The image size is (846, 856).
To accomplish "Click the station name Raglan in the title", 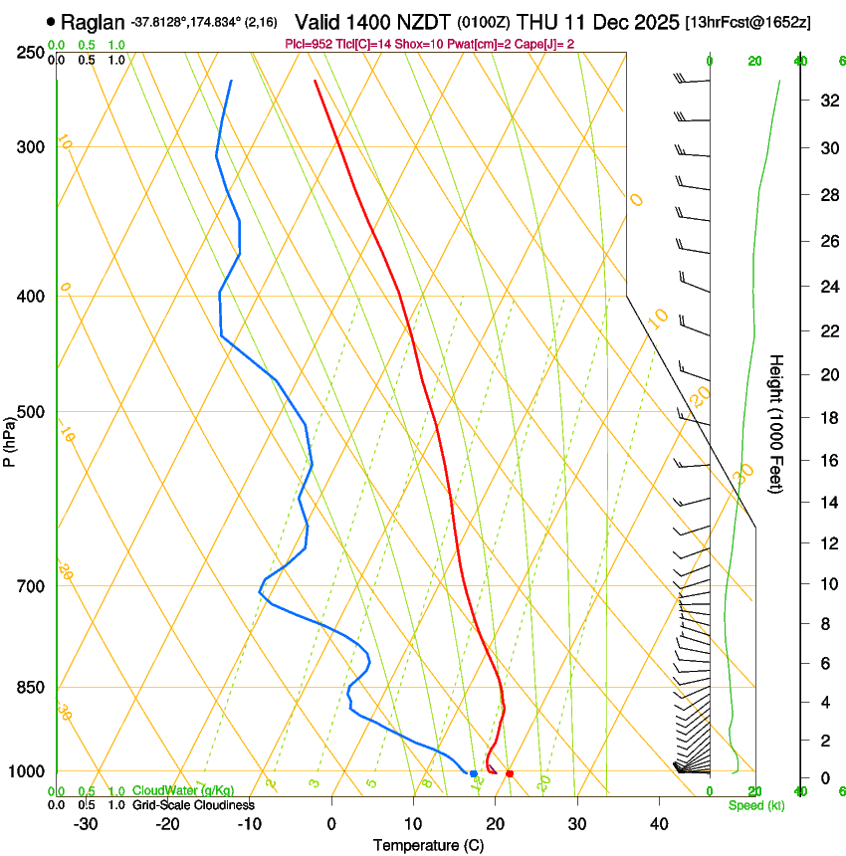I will click(93, 21).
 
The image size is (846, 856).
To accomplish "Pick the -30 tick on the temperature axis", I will click(86, 824).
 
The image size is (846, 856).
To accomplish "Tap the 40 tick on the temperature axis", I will click(659, 824).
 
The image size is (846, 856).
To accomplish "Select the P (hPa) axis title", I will click(9, 439).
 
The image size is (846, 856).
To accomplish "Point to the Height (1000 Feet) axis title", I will click(777, 423).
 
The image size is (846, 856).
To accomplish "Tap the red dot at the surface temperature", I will click(510, 773).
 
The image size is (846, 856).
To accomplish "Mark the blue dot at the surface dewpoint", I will click(473, 773).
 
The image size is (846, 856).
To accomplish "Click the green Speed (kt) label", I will click(755, 805).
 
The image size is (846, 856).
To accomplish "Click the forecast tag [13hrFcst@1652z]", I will click(747, 22).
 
